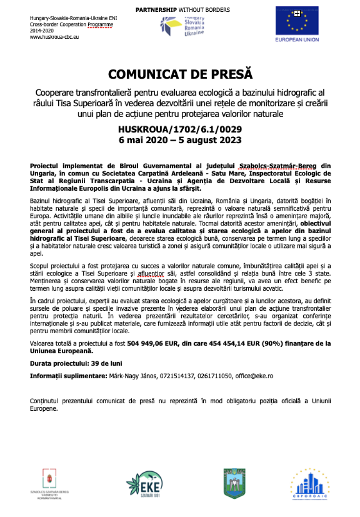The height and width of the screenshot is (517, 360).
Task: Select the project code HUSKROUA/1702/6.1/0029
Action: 180,130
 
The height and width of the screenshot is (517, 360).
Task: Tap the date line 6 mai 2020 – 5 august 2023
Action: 180,140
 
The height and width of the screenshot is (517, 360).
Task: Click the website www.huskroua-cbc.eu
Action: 54,37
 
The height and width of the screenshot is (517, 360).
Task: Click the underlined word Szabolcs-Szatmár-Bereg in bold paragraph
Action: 276,166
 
